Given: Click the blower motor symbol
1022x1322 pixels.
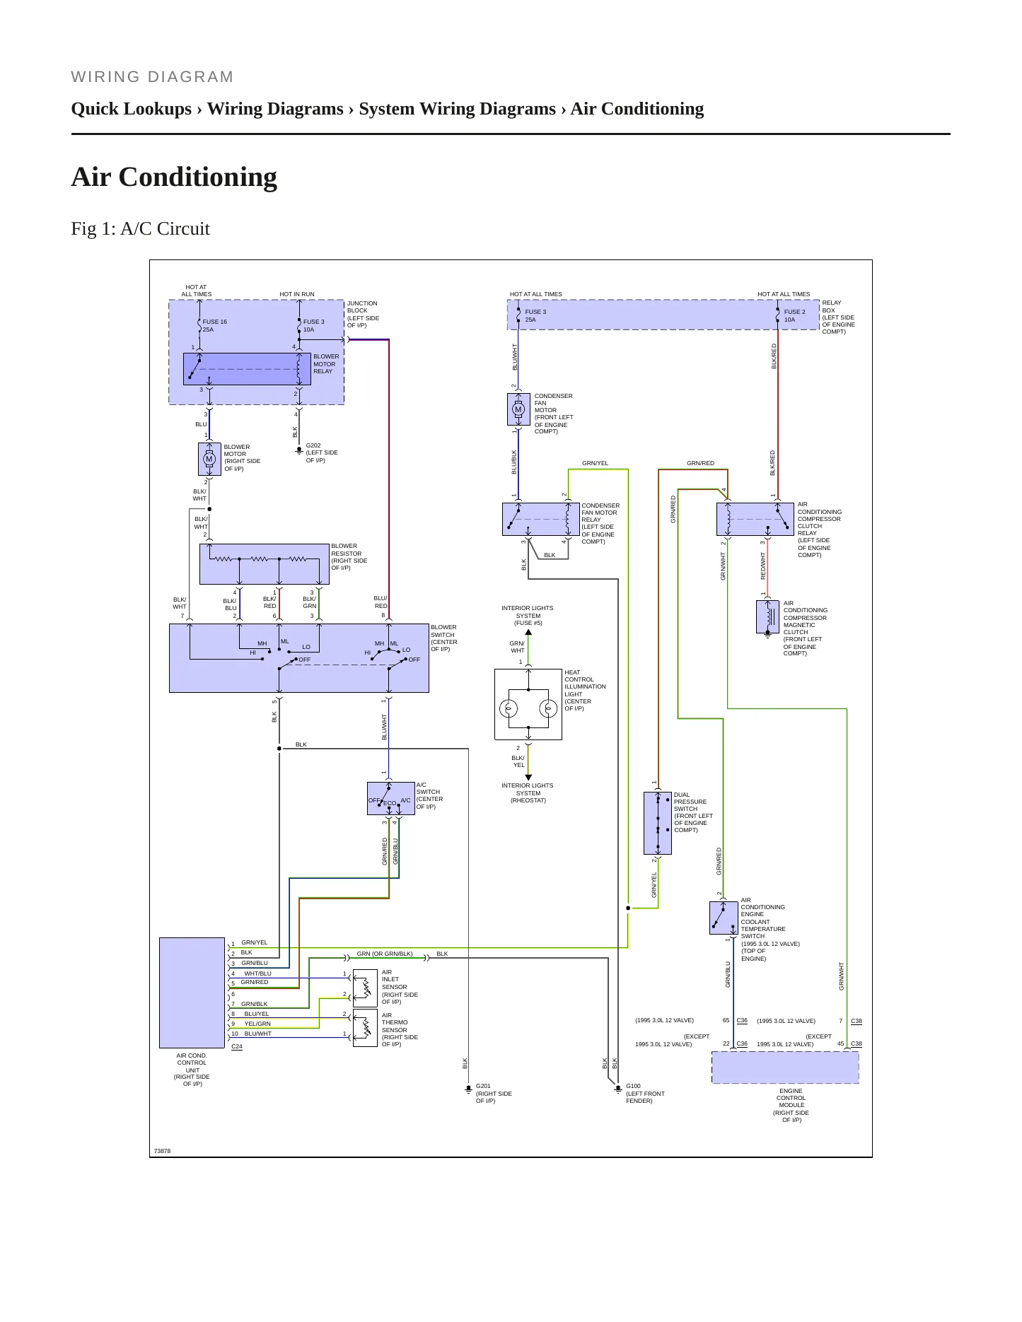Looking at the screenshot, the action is (x=209, y=459).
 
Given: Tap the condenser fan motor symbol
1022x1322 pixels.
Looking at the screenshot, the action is (x=518, y=409).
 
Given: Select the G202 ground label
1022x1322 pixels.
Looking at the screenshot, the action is (x=313, y=446).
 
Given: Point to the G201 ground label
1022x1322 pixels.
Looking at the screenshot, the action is (x=483, y=1086).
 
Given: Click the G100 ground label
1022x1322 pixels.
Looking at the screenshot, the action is (x=633, y=1086).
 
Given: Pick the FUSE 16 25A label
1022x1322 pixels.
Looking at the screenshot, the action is (x=214, y=325).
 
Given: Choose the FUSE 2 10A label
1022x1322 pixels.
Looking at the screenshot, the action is (x=794, y=315).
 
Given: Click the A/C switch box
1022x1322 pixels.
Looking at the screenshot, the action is (x=391, y=799).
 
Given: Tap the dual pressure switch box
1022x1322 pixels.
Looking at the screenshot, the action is (x=658, y=823).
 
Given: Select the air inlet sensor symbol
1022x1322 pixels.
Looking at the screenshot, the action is (x=365, y=987).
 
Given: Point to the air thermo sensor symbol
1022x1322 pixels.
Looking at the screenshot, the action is (x=365, y=1027).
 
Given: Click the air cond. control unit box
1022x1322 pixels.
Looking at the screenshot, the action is (x=192, y=993).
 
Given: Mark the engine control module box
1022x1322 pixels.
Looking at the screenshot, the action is (x=785, y=1067).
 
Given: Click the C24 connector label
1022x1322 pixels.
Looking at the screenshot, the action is (x=237, y=1046).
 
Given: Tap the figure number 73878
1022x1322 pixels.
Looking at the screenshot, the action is (x=162, y=1151).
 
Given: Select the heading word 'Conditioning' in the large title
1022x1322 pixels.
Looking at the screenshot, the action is (x=198, y=177).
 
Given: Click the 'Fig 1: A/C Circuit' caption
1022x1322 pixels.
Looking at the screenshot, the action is (x=141, y=228).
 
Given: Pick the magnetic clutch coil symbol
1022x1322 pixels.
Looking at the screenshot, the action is (x=767, y=616).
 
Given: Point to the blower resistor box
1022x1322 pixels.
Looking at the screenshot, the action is (x=265, y=564).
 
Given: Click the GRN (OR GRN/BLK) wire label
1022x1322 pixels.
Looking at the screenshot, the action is (x=385, y=954).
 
